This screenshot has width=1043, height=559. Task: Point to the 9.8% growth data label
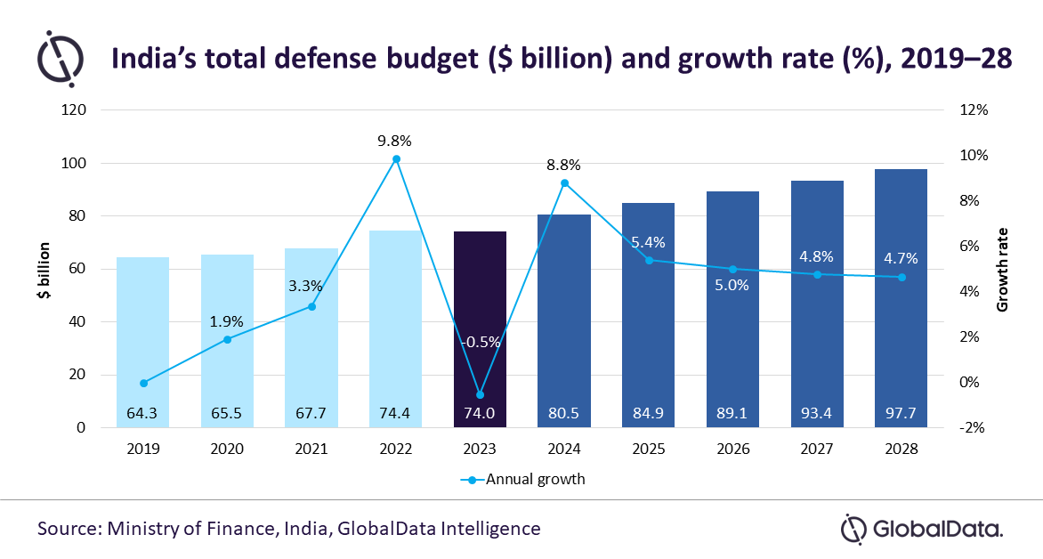(x=394, y=141)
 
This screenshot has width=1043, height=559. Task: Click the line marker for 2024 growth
(x=564, y=183)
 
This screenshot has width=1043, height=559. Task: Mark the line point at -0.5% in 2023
(x=480, y=394)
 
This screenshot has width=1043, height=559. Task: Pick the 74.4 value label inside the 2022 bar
(x=395, y=413)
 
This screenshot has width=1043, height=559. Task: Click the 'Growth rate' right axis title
(x=1003, y=269)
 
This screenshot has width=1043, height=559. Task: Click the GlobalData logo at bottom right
(x=922, y=528)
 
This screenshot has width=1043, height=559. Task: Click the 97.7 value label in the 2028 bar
(x=901, y=413)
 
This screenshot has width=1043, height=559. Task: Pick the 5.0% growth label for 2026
(x=732, y=286)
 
